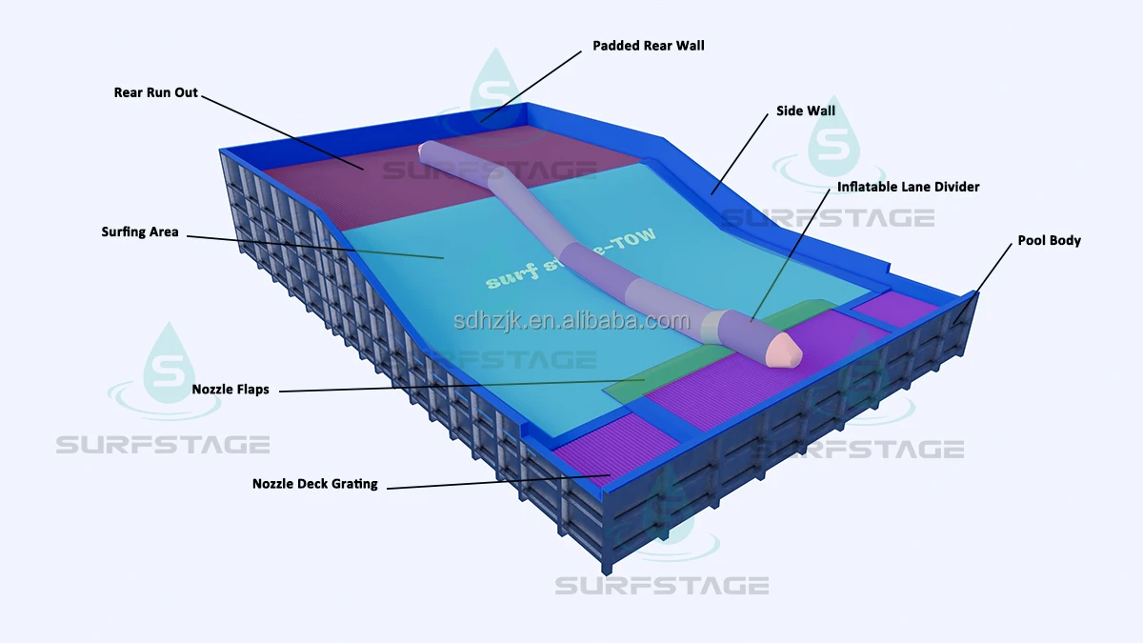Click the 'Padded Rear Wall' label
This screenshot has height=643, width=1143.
(x=649, y=46)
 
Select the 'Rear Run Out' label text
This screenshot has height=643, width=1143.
(x=156, y=93)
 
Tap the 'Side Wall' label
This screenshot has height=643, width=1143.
(x=806, y=111)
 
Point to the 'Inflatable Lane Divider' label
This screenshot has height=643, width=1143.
(x=908, y=187)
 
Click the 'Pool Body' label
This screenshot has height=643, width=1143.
(x=1049, y=241)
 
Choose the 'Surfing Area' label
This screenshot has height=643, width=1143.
(x=140, y=231)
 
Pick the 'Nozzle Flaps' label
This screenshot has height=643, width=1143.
(x=231, y=390)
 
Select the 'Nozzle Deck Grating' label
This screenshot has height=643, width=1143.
(x=314, y=484)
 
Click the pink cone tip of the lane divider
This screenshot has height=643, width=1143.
(x=786, y=350)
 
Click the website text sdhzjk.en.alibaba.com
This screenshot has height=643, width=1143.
(x=571, y=321)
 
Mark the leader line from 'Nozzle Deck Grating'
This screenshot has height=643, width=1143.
(x=495, y=481)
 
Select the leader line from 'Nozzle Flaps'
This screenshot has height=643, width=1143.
(x=457, y=386)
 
